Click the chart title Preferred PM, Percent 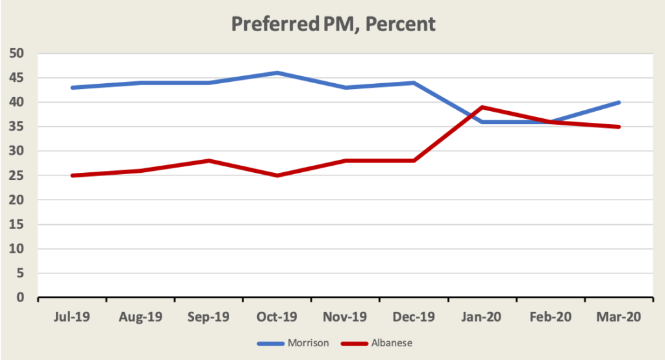click(x=333, y=25)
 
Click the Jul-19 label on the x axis click(x=72, y=317)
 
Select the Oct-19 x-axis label click(x=277, y=317)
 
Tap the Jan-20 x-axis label click(x=483, y=317)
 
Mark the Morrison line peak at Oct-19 click(x=277, y=73)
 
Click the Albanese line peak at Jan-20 click(x=483, y=107)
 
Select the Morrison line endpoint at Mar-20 click(x=620, y=102)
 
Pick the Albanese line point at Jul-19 click(x=72, y=175)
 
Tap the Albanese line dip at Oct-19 click(x=277, y=175)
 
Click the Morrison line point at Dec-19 click(x=414, y=83)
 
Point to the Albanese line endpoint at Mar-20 click(x=620, y=127)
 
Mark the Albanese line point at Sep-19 click(x=209, y=161)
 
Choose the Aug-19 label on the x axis click(x=140, y=317)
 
